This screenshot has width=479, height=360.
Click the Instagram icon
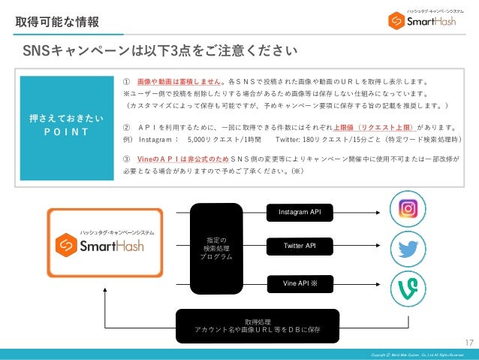click(x=408, y=209)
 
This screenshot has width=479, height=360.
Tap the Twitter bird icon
click(x=408, y=247)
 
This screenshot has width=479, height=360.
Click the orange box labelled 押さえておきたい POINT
click(x=65, y=126)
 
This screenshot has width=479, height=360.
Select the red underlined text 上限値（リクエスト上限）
click(x=373, y=126)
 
